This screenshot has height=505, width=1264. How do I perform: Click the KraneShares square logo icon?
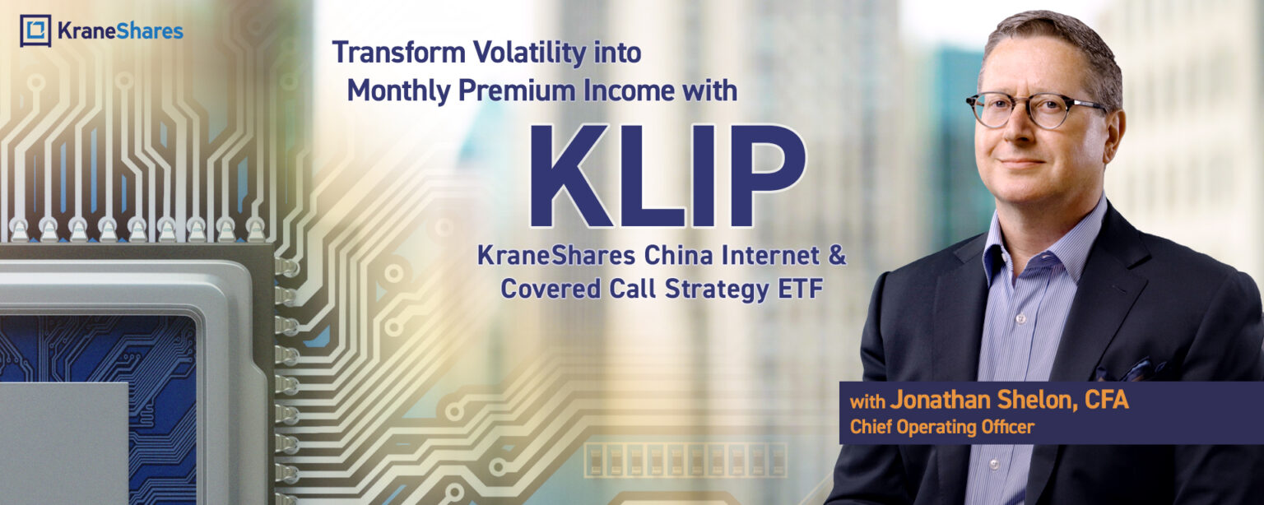(35, 30)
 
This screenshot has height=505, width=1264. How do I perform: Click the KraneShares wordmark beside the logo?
(120, 31)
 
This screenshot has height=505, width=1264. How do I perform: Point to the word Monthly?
(398, 90)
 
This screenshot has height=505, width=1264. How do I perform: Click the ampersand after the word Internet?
(837, 256)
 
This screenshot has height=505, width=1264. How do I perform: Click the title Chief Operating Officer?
(941, 428)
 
